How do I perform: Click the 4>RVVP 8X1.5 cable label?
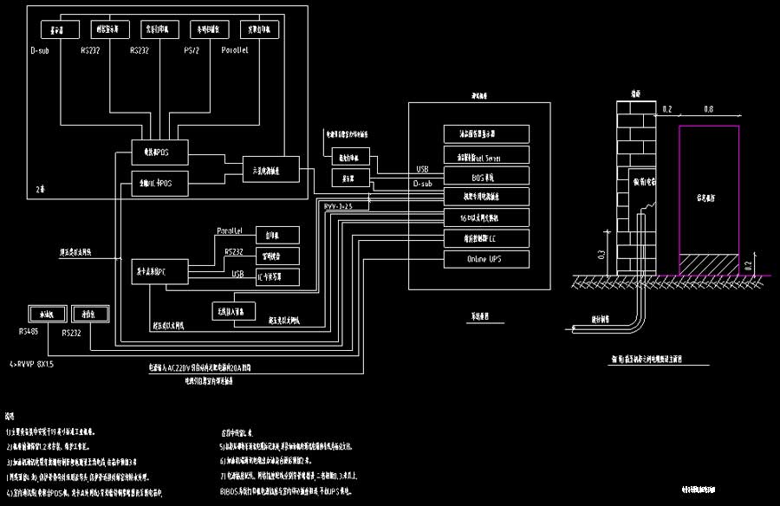point(31,365)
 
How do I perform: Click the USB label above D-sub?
point(423,170)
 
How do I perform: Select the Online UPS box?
point(486,258)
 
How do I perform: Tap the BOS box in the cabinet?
point(486,176)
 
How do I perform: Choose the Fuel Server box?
point(486,156)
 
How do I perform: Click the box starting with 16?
point(486,217)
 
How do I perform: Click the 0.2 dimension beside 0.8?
point(667,110)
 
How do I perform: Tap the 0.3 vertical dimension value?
point(601,255)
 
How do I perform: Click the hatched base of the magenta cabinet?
point(709,264)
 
